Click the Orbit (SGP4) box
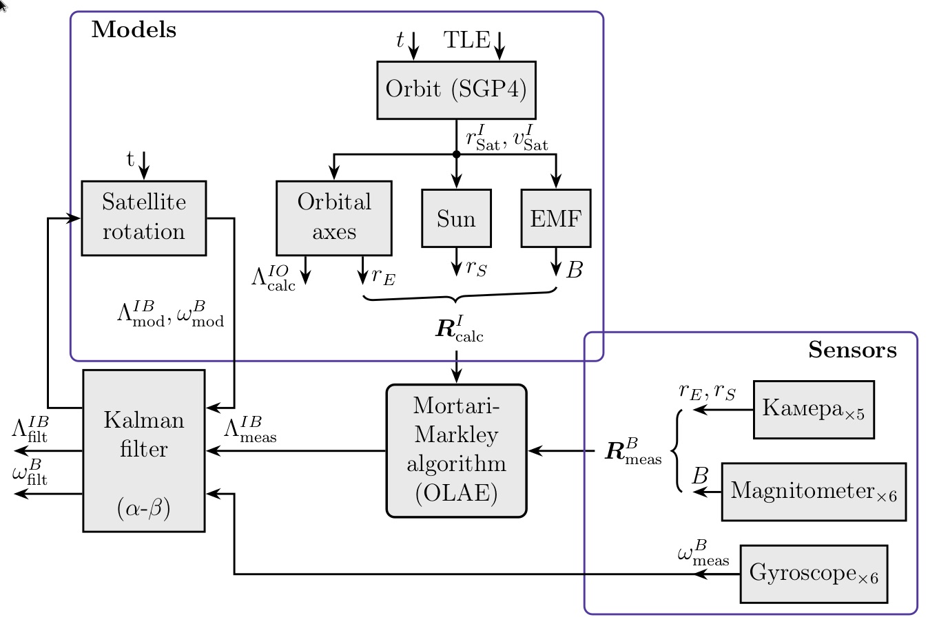(x=456, y=90)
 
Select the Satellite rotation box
(x=144, y=218)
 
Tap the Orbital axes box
(x=334, y=218)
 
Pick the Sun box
(x=456, y=218)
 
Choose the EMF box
(x=556, y=218)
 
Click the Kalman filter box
(x=144, y=450)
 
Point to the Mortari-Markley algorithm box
(x=456, y=450)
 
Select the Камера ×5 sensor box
(x=814, y=409)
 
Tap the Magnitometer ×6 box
(x=814, y=492)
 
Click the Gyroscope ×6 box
(x=814, y=574)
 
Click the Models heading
(x=134, y=30)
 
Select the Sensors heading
(x=852, y=350)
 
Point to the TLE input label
(x=466, y=41)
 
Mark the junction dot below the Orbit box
(x=456, y=154)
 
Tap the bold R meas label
(x=632, y=452)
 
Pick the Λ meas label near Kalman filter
(x=250, y=429)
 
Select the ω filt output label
(x=30, y=474)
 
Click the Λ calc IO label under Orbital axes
(x=274, y=278)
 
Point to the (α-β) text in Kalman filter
(x=144, y=508)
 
